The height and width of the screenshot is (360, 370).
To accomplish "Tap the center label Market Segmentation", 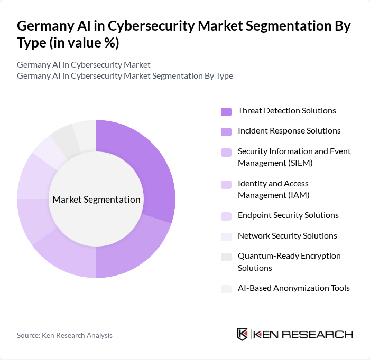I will [x=96, y=200].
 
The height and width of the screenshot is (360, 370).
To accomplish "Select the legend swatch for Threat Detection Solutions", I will [x=226, y=111].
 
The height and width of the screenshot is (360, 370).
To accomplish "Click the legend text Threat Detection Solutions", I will [x=286, y=111].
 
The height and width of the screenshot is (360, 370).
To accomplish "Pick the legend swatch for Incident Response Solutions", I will [x=226, y=131].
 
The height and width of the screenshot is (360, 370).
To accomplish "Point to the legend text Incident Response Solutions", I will [x=289, y=131].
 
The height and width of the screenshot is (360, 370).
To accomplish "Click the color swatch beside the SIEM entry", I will [x=226, y=153].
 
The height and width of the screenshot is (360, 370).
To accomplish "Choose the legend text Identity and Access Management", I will [x=273, y=189].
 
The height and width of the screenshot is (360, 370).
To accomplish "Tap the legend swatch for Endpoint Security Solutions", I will [x=226, y=216].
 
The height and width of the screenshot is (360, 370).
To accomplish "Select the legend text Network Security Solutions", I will [x=287, y=236].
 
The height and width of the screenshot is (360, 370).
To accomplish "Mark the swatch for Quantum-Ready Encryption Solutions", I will [x=226, y=257].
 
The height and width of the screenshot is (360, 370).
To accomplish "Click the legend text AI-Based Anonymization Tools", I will [x=293, y=288].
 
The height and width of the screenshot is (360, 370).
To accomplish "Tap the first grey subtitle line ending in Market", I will [x=84, y=65].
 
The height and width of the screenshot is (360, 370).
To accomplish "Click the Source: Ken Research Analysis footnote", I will [x=64, y=335].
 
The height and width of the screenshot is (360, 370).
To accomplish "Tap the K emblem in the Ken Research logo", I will [x=243, y=334].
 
